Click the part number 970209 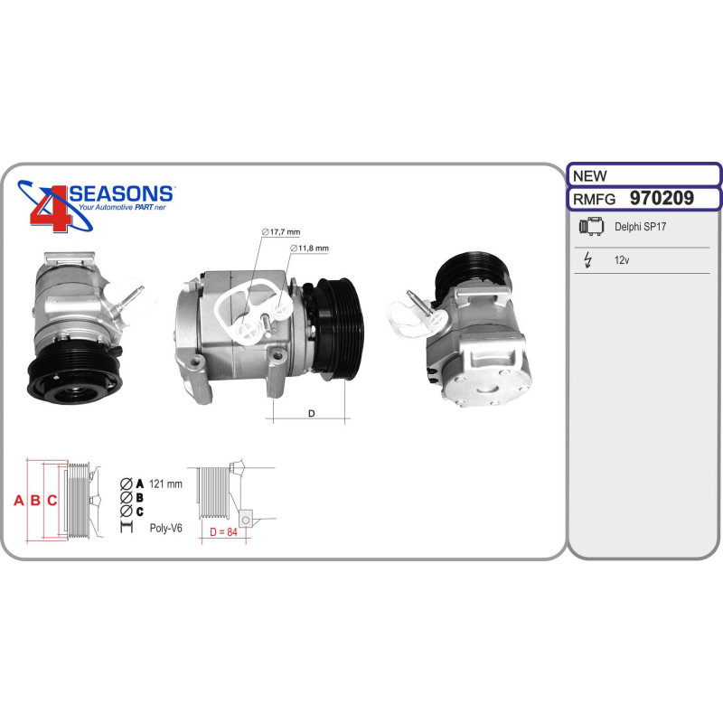tap(662, 198)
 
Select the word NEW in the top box tap(590, 175)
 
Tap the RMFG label tap(594, 199)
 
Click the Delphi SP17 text tap(640, 227)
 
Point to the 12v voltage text tap(622, 260)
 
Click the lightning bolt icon tap(587, 259)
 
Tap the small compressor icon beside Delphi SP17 tap(591, 226)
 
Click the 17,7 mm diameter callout tap(281, 232)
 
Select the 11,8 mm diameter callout tap(309, 248)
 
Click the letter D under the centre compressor tap(311, 413)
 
